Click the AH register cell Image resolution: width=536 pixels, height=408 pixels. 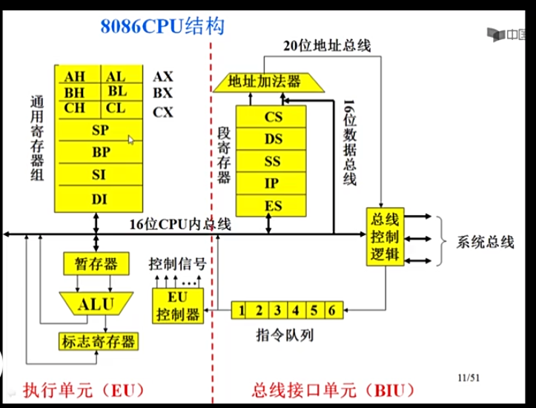75,76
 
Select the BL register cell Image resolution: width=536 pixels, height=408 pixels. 116,92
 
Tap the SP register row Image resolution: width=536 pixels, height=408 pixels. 100,130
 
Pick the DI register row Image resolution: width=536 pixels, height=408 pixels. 99,199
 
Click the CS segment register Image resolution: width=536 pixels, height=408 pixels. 274,116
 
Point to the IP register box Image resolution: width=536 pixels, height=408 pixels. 274,183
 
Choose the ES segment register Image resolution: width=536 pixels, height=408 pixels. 274,205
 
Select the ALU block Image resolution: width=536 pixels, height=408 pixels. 97,302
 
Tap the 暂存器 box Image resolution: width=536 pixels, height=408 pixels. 97,264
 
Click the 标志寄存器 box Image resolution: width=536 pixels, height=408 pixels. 99,342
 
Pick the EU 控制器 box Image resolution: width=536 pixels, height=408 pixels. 177,305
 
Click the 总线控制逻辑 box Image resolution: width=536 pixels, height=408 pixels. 384,238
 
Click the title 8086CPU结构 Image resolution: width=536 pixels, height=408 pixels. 162,27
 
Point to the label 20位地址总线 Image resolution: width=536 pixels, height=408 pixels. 327,45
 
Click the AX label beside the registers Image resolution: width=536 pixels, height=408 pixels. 163,76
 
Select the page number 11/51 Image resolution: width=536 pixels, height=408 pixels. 469,378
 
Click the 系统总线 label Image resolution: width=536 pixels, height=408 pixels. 486,243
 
